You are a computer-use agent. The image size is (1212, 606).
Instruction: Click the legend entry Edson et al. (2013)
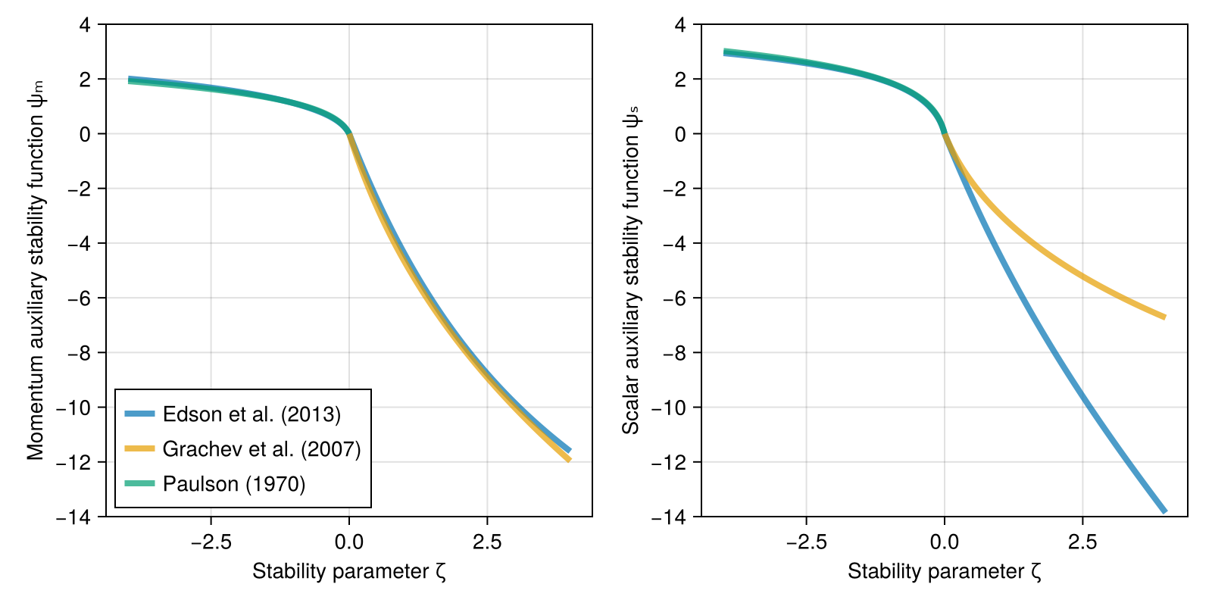coord(251,414)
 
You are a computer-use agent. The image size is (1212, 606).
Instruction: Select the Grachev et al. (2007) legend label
coord(261,449)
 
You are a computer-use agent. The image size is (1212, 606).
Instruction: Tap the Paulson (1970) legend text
coord(233,484)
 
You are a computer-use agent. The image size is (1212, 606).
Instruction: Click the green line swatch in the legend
coord(140,484)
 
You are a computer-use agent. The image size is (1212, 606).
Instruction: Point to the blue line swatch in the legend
coord(140,414)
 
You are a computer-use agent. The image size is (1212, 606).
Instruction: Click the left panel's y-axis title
coord(36,270)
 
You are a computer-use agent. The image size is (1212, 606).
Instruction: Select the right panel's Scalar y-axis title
coord(631,270)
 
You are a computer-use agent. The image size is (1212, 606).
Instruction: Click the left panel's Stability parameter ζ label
coord(349,571)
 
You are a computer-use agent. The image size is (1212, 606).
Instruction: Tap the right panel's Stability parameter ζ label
coord(945,571)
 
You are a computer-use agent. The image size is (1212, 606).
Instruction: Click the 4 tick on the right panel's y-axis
coord(680,25)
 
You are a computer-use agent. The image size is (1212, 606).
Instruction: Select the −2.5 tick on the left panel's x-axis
coord(211,542)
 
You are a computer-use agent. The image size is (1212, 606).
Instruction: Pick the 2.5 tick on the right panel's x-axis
coord(1082,542)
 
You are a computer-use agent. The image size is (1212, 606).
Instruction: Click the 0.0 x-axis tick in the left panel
coord(349,542)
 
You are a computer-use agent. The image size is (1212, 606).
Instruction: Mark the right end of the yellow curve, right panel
coord(1164,317)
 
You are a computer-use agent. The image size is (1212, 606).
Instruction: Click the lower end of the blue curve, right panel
coord(1164,512)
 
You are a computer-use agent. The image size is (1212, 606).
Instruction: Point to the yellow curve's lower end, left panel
coord(569,459)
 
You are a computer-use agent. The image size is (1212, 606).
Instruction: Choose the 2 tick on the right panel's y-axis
coord(680,80)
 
